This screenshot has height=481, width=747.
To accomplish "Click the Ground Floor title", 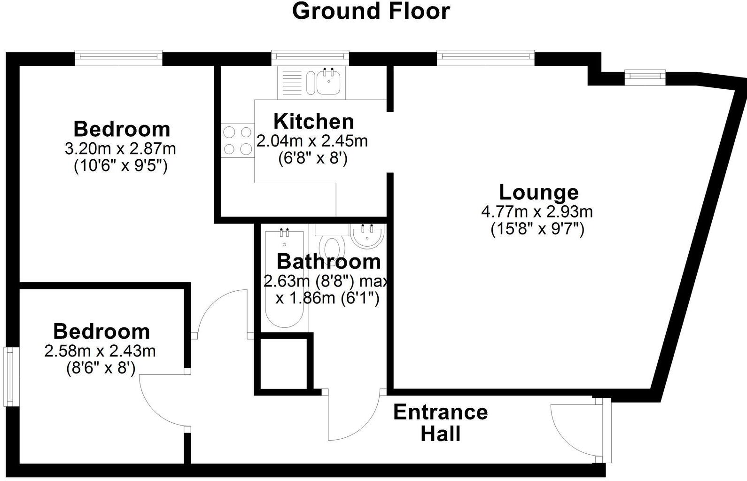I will click(x=371, y=11).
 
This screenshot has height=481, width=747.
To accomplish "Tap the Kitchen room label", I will click(x=313, y=122).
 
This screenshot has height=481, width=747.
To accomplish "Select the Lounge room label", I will click(x=538, y=193).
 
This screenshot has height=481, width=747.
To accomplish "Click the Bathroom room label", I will click(x=328, y=261).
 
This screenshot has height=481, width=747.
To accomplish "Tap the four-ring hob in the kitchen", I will click(x=238, y=141).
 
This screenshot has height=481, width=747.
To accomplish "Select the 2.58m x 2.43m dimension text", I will click(x=100, y=350).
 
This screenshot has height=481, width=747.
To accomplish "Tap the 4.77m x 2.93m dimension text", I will click(x=537, y=212).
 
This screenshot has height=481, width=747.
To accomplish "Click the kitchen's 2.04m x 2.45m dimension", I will click(x=312, y=140).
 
